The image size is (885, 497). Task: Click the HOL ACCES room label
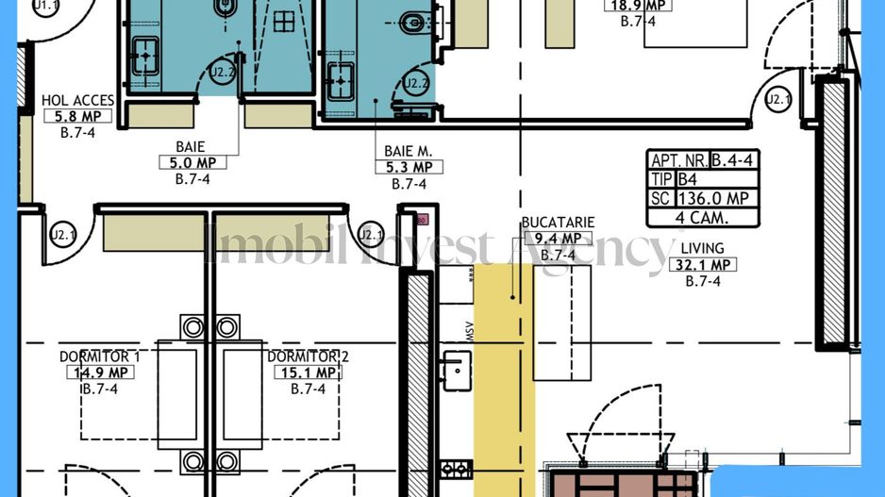77,101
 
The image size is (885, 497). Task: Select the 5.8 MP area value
77,117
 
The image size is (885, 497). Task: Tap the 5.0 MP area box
192,163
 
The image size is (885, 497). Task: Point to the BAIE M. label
408,151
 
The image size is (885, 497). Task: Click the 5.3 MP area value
409,168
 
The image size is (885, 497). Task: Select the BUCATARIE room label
558,223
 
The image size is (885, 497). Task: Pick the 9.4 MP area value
558,239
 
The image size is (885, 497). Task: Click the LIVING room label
702,249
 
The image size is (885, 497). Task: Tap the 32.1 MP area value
702,265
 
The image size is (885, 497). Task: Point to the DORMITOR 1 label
99,356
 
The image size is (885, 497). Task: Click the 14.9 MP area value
99,373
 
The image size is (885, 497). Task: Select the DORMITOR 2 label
308,356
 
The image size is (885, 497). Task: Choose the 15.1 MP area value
309,373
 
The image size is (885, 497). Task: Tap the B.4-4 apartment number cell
736,160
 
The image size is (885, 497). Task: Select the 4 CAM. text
703,218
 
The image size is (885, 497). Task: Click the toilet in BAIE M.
414,21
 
